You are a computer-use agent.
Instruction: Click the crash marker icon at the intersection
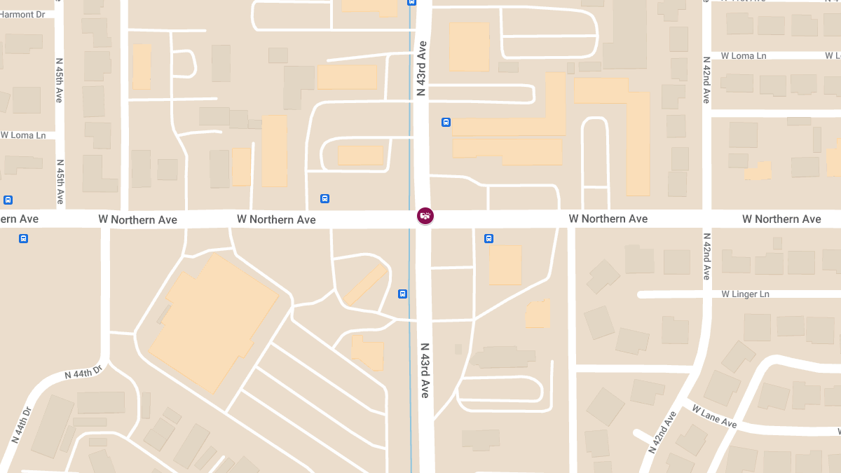[425, 216]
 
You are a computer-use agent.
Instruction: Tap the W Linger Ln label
[745, 294]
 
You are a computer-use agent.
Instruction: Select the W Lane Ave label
[714, 417]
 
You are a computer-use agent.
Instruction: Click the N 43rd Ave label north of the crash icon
[421, 68]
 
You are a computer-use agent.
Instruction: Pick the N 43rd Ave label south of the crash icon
[424, 371]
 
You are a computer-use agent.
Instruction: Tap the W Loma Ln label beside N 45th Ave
[23, 135]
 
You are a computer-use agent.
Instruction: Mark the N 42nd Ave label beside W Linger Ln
[706, 256]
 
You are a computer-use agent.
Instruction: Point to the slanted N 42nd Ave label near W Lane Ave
[662, 432]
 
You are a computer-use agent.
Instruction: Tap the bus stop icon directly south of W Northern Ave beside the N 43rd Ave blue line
[402, 294]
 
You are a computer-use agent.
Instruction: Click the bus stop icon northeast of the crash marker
[446, 123]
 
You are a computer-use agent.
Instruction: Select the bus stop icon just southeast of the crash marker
[488, 239]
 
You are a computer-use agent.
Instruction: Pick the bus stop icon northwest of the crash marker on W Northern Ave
[324, 198]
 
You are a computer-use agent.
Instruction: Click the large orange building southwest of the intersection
[214, 322]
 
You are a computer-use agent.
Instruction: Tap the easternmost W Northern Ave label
[781, 219]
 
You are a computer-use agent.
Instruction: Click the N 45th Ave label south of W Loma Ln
[60, 181]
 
